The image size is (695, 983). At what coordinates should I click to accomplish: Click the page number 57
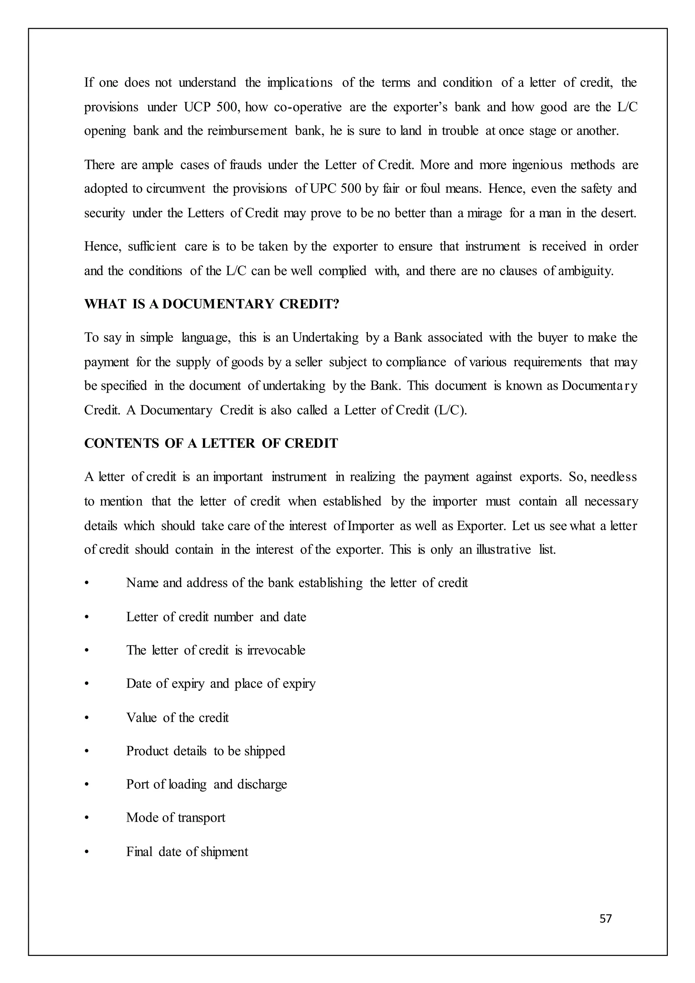point(605,919)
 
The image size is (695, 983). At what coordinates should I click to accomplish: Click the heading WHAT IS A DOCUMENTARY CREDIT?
point(211,304)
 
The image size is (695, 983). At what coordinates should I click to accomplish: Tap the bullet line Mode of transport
point(175,818)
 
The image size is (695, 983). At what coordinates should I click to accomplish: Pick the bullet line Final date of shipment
point(187,852)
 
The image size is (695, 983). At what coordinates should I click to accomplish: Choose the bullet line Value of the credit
point(177,718)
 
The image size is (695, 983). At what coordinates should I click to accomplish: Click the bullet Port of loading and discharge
point(206,784)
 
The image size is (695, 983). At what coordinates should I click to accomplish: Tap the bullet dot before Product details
point(87,752)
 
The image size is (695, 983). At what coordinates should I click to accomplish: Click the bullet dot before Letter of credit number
point(87,617)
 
